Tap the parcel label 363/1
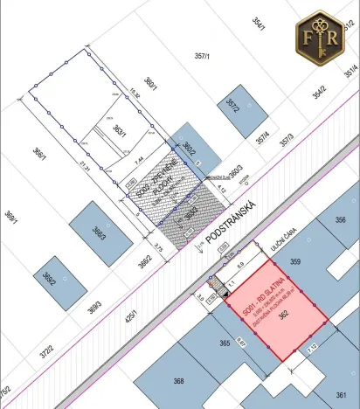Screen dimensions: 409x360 pos(120,132)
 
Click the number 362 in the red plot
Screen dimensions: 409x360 pos(284,320)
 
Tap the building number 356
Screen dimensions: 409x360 pos(340,221)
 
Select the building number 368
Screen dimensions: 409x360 pos(178,381)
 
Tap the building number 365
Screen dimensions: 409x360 pos(224,344)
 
